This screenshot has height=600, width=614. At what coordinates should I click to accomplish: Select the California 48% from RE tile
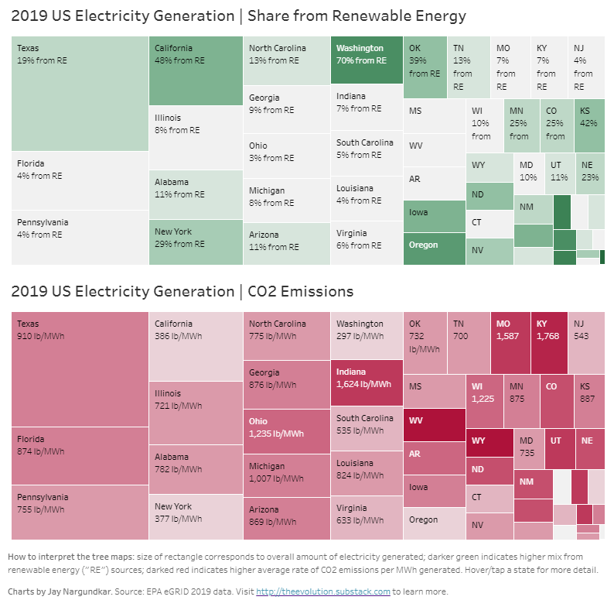click(x=196, y=70)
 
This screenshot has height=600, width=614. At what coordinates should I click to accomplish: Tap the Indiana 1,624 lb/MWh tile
click(x=367, y=383)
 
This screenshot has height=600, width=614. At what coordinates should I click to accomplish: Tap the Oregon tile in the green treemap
click(x=434, y=248)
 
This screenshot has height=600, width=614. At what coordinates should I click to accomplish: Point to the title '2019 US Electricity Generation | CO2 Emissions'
click(x=182, y=291)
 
